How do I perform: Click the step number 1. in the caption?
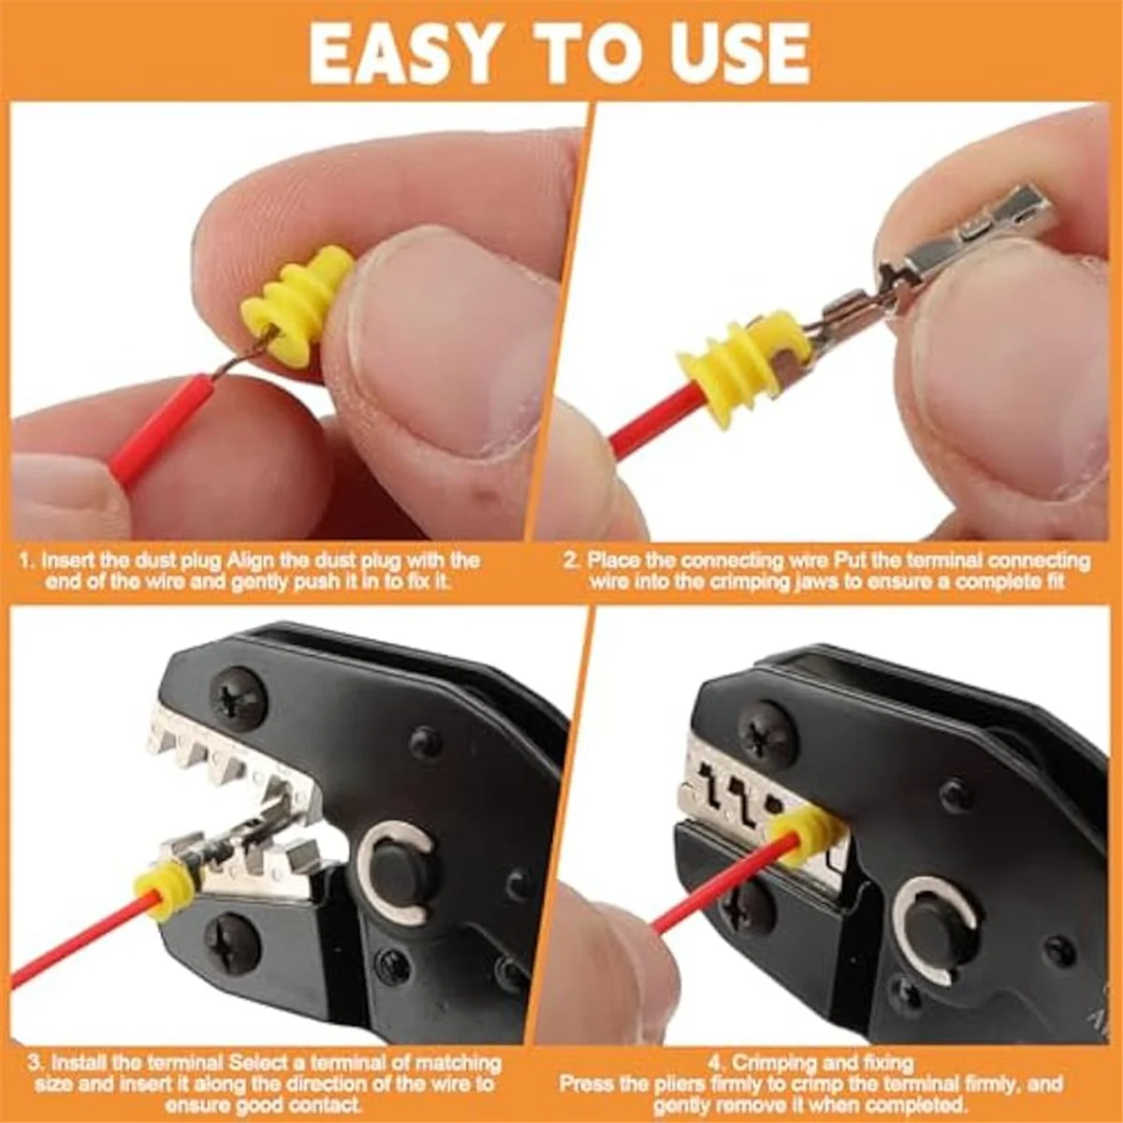(x=27, y=561)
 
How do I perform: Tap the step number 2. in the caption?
(x=572, y=561)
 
